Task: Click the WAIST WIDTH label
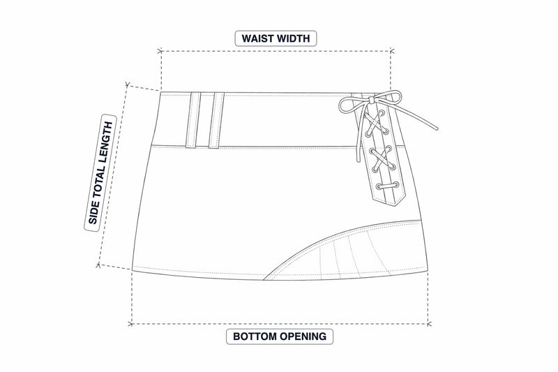(x=276, y=38)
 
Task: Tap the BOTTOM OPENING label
(x=280, y=336)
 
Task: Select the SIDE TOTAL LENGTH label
(x=100, y=173)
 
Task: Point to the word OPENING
(x=303, y=336)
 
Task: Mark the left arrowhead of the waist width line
(x=160, y=51)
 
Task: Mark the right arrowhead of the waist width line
(x=391, y=51)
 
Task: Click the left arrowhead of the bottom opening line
(x=131, y=324)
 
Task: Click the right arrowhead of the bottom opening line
(x=428, y=324)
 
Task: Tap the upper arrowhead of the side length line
(x=128, y=84)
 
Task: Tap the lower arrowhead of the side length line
(x=98, y=265)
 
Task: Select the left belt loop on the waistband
(x=193, y=120)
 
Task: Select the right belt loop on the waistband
(x=216, y=120)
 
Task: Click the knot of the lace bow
(x=372, y=101)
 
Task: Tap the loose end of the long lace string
(x=437, y=129)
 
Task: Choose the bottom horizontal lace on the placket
(x=387, y=186)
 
